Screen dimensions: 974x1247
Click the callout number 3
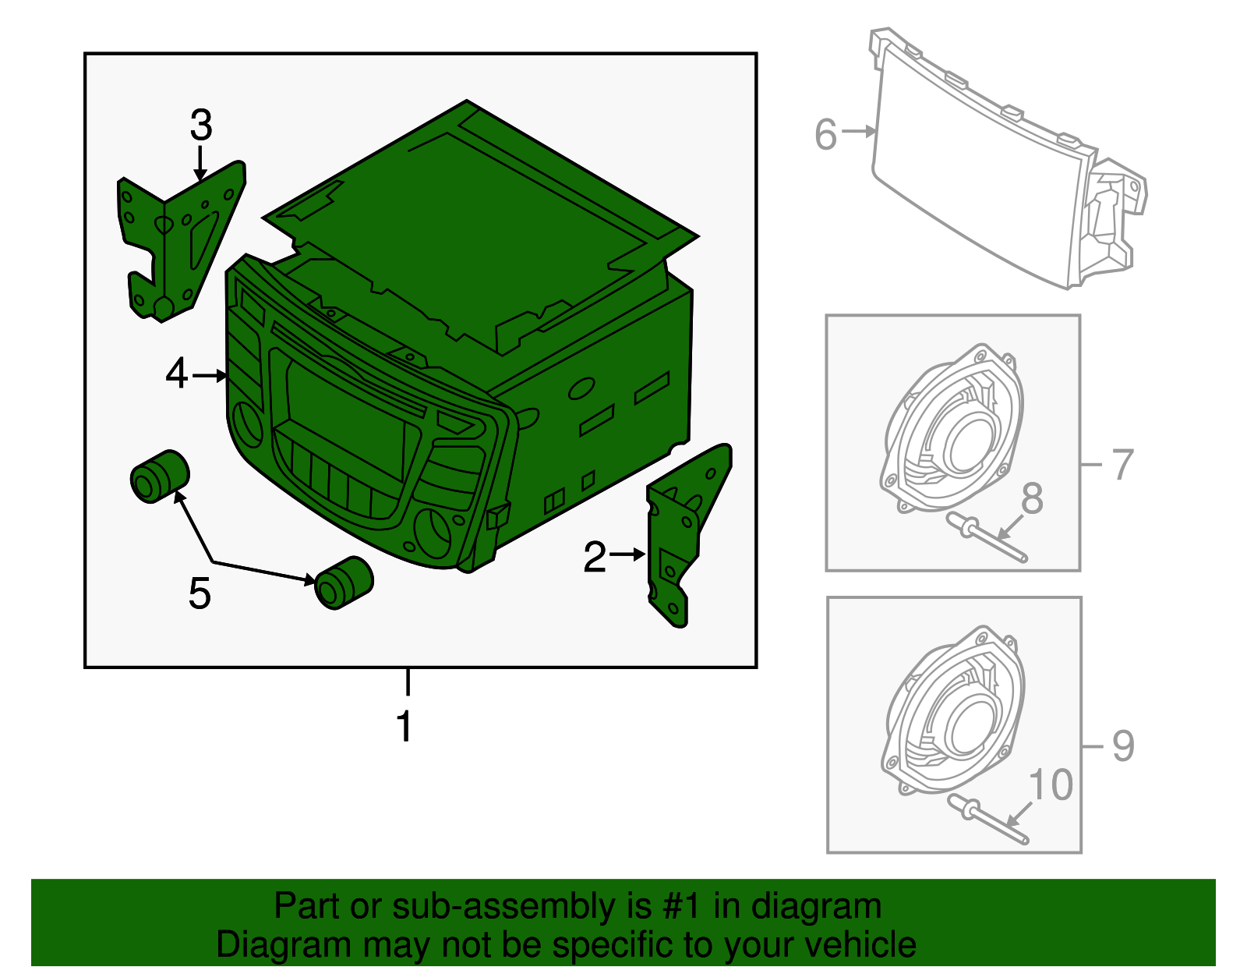(x=201, y=125)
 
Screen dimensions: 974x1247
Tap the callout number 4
(x=177, y=374)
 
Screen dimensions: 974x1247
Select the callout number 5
(x=200, y=593)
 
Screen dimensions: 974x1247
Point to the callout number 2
(x=595, y=557)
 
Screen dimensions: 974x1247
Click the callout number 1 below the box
(x=404, y=726)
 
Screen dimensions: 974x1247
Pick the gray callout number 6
(x=825, y=134)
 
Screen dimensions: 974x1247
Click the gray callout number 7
(x=1122, y=465)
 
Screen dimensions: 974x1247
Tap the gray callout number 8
(x=1032, y=499)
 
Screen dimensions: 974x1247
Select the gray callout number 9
(x=1122, y=746)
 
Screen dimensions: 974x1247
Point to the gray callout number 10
(x=1051, y=785)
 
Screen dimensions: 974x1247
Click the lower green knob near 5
(x=344, y=583)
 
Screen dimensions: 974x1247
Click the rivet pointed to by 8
(x=987, y=539)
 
